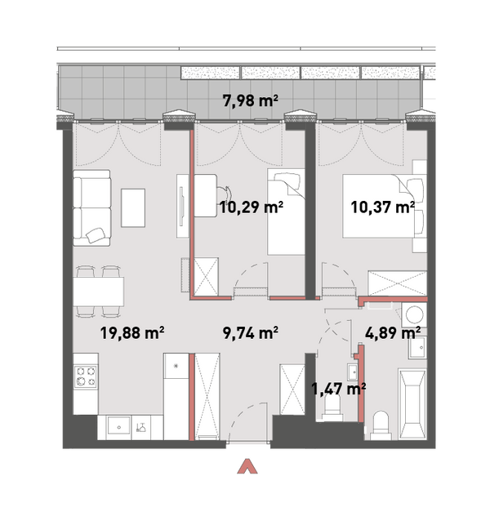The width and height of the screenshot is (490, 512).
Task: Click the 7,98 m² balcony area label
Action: point(250,100)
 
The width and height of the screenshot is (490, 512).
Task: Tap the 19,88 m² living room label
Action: point(132,333)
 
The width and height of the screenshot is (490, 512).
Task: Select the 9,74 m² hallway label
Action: point(250,333)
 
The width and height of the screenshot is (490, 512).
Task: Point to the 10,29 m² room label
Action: point(251,207)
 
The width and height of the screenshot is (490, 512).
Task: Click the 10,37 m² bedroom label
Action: point(382,207)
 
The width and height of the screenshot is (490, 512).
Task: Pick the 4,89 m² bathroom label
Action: point(392,333)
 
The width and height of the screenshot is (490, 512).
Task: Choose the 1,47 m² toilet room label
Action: point(338,389)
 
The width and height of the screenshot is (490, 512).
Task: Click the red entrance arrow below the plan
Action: point(247,466)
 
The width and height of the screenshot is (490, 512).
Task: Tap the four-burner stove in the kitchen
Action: point(85,376)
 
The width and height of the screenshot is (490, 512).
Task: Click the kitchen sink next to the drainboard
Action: point(119,427)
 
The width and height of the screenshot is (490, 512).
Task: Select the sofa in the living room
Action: point(91,207)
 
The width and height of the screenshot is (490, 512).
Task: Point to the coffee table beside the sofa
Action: point(133,207)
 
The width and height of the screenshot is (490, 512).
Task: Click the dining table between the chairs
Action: point(98,292)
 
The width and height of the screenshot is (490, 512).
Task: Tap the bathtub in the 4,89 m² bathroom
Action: point(412,404)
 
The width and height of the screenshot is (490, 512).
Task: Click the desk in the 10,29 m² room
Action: point(206,196)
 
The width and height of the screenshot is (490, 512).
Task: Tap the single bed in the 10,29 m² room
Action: point(286,211)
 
